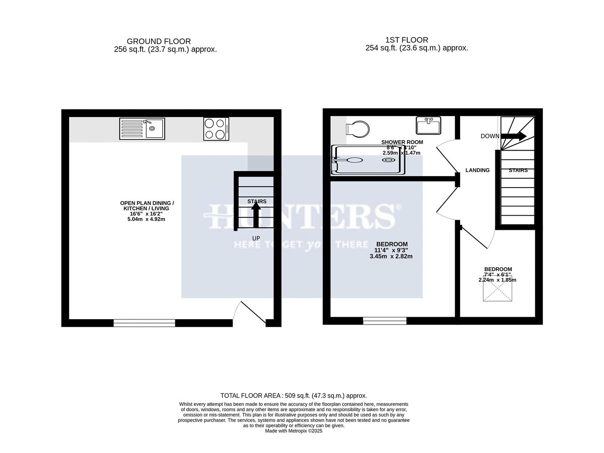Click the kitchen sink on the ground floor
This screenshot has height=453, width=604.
[142, 128]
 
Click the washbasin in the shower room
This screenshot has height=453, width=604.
[428, 125]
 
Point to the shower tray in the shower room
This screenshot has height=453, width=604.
[368, 160]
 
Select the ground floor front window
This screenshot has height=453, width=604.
[144, 323]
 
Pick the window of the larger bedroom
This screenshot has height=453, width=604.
[385, 321]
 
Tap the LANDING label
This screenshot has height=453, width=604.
[477, 170]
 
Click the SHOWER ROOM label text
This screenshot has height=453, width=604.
[402, 142]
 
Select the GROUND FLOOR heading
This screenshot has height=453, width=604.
[159, 42]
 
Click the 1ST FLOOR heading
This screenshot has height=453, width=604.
[406, 40]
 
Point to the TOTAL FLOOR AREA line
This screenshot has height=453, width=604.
[294, 396]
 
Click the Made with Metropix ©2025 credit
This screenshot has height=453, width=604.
[294, 431]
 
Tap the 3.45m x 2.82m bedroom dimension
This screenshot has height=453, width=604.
[391, 256]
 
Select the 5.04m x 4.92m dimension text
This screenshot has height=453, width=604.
[146, 219]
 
